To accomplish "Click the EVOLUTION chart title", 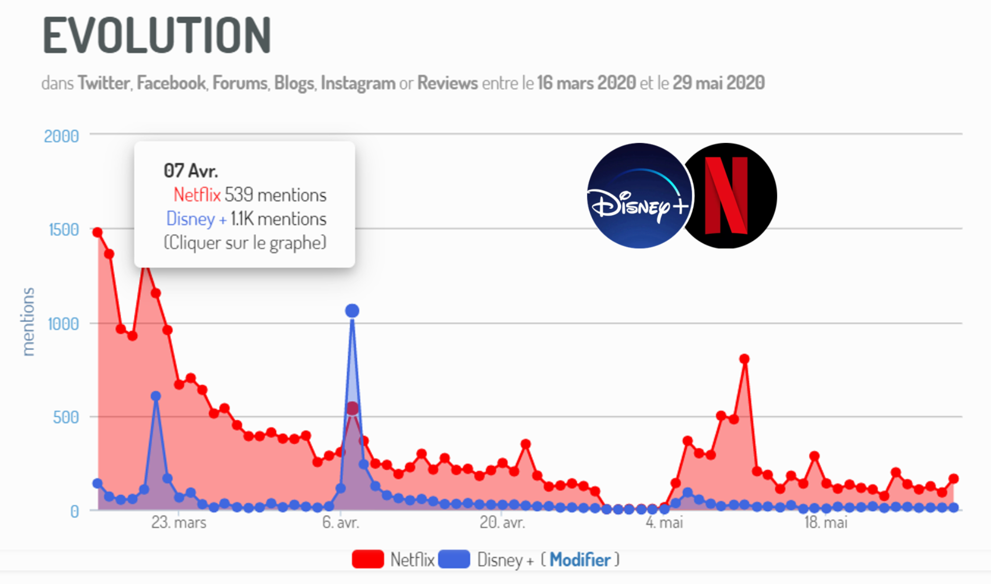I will [157, 35].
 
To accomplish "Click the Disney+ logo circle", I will [639, 196].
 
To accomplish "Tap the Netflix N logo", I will [727, 196].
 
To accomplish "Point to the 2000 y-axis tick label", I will [61, 137].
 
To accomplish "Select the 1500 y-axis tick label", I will [63, 230].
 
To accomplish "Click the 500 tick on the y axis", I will [66, 418].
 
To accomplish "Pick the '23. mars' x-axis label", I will [179, 522].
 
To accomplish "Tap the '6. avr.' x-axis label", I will [341, 522].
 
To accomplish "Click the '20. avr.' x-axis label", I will [502, 522].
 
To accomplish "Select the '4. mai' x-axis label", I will [664, 522].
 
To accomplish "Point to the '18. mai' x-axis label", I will [826, 522].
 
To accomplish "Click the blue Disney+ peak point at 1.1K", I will [352, 310].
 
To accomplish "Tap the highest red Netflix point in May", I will [744, 359].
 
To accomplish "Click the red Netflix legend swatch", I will [368, 560].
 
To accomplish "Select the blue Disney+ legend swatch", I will [454, 560].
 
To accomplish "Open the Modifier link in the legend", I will [580, 560].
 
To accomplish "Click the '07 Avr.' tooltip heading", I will [191, 171].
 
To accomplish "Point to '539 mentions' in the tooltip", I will [275, 195].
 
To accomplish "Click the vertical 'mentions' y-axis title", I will [28, 321].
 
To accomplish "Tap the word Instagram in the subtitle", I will [358, 83].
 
